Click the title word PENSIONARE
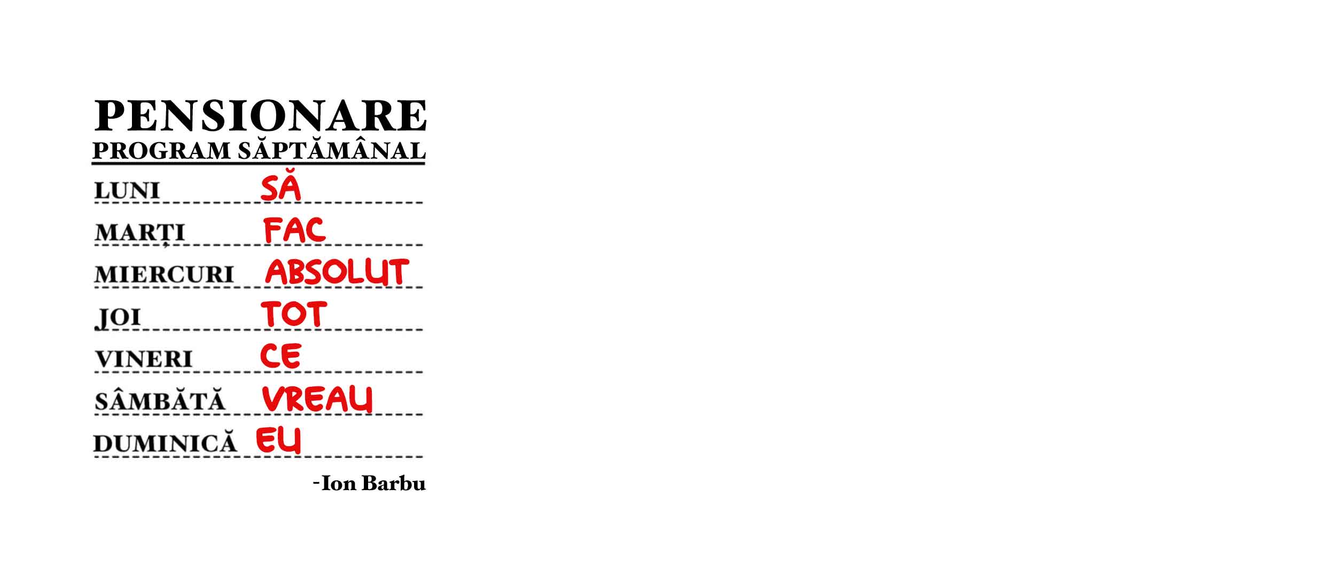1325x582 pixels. pyautogui.click(x=260, y=115)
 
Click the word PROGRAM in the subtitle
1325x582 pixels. pyautogui.click(x=162, y=151)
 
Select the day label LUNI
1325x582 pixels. pyautogui.click(x=127, y=191)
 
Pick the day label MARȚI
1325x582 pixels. pyautogui.click(x=139, y=233)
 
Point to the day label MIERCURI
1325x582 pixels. pyautogui.click(x=164, y=275)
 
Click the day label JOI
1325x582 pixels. pyautogui.click(x=118, y=317)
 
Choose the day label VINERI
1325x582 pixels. pyautogui.click(x=144, y=359)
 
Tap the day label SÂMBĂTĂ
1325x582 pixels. pyautogui.click(x=160, y=401)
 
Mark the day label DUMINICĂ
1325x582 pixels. pyautogui.click(x=165, y=444)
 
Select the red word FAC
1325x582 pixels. pyautogui.click(x=294, y=230)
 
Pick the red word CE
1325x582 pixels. pyautogui.click(x=280, y=356)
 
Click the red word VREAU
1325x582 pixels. pyautogui.click(x=317, y=399)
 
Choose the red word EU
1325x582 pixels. pyautogui.click(x=278, y=440)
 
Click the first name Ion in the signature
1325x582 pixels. pyautogui.click(x=339, y=484)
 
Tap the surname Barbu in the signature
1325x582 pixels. pyautogui.click(x=394, y=484)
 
